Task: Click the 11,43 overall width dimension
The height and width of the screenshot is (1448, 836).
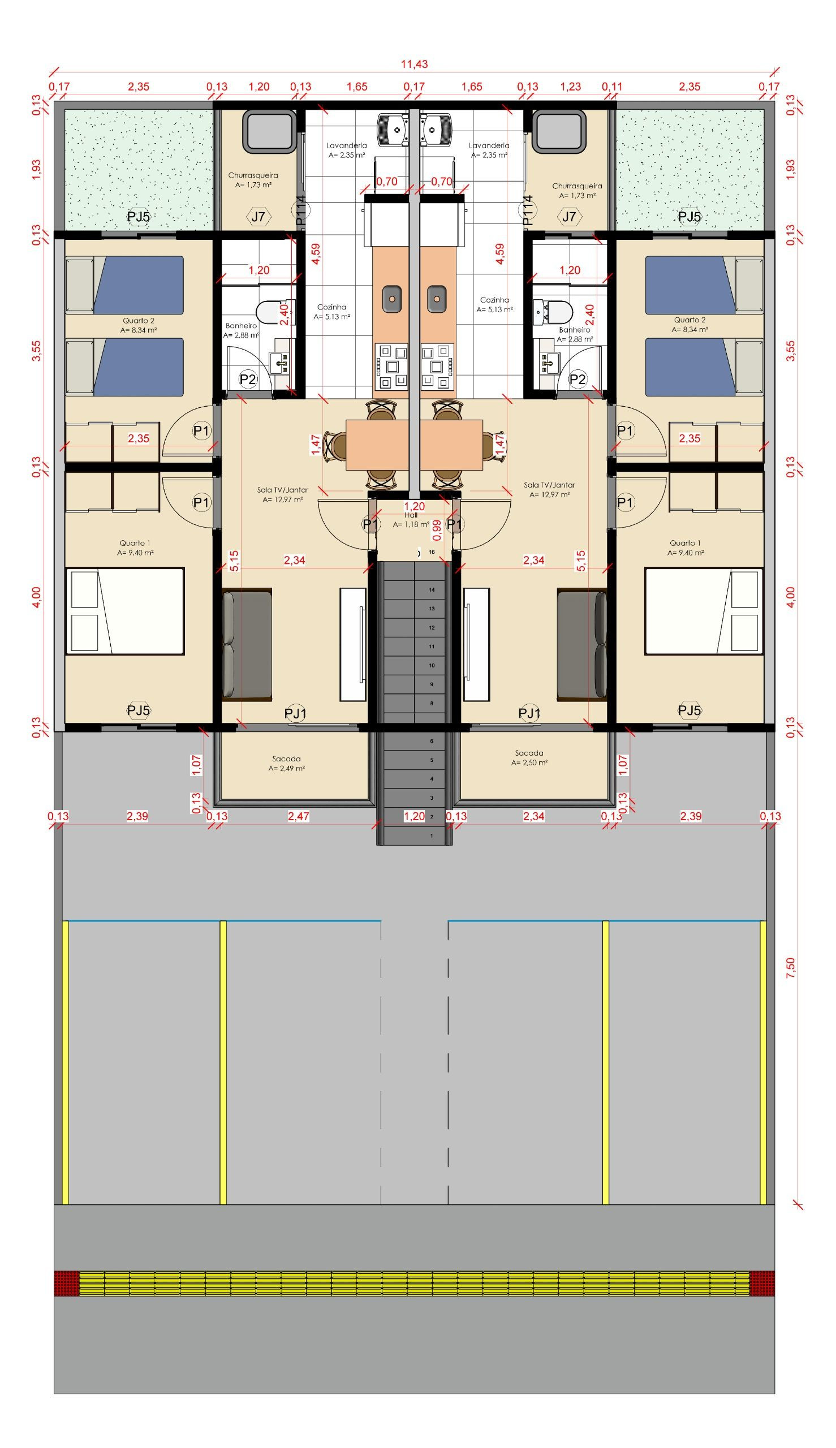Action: [414, 64]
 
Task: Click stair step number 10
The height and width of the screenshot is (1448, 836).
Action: [432, 665]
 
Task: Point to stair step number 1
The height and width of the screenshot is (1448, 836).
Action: [432, 836]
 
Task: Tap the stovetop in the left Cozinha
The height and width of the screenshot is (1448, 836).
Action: [391, 366]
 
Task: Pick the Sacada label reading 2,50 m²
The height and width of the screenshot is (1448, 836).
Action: [529, 757]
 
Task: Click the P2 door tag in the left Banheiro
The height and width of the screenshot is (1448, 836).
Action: [248, 379]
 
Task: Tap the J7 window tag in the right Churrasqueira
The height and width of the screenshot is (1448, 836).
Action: [569, 217]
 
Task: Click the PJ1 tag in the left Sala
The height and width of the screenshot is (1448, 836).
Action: [296, 714]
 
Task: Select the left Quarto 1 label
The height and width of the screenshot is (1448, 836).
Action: [136, 548]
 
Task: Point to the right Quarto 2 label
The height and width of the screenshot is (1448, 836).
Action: [690, 325]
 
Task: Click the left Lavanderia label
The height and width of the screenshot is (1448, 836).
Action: [346, 150]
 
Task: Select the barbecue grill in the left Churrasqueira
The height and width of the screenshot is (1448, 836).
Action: [269, 131]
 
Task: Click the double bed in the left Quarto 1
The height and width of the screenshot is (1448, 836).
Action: [125, 611]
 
